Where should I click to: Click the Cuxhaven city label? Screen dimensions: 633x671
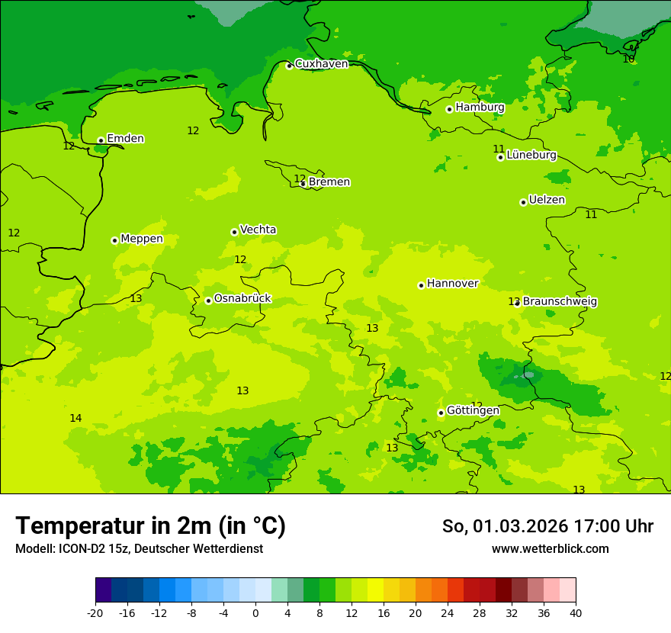point(321,64)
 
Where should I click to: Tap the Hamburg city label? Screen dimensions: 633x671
point(480,108)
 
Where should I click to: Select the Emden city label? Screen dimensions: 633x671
point(125,139)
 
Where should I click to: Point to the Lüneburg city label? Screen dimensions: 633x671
point(531,156)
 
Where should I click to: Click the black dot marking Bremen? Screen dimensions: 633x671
point(303,184)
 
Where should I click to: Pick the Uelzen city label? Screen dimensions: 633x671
point(547,201)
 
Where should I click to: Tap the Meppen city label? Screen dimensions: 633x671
point(141,239)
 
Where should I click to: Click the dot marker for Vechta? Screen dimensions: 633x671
point(234,232)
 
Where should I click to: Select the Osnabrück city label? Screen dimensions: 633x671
point(242,299)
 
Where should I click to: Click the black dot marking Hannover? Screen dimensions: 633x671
point(421,285)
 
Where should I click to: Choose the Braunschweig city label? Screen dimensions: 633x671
point(559,302)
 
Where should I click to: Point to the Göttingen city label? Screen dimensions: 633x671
point(473,411)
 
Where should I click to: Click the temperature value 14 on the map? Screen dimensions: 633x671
point(75,418)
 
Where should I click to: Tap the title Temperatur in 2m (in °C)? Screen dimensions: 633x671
point(150,526)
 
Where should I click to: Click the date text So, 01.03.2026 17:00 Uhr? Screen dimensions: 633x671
point(547,526)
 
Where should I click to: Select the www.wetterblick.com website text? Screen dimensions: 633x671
point(550,549)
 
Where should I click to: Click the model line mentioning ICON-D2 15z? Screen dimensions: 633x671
point(139,549)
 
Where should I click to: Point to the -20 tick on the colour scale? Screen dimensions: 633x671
point(95,613)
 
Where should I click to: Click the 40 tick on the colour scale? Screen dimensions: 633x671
point(575,613)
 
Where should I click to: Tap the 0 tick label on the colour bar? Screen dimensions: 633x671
point(255,613)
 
